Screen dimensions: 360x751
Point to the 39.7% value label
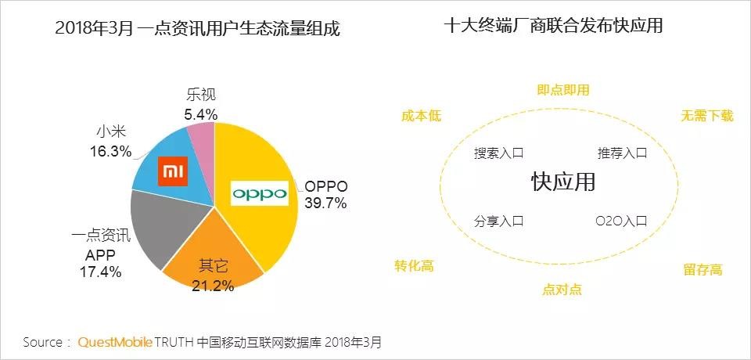pos(326,203)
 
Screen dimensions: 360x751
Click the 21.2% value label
pos(212,286)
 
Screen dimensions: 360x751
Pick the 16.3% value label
pos(110,151)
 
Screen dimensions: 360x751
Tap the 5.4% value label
pos(200,114)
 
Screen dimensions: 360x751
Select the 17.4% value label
pos(100,272)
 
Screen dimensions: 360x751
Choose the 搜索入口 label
pos(498,153)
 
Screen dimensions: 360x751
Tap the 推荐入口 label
pos(622,153)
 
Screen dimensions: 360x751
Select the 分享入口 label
pos(498,221)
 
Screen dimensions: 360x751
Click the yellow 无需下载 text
pos(707,116)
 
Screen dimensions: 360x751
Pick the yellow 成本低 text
pos(422,116)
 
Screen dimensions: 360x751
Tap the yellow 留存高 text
pos(702,270)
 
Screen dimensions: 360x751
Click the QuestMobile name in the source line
pos(114,342)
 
